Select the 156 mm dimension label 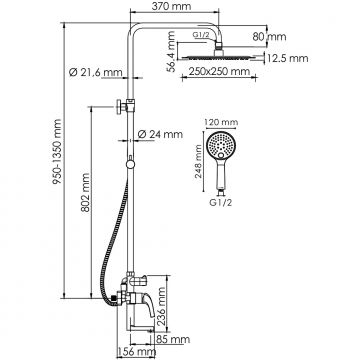coord(129,351)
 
